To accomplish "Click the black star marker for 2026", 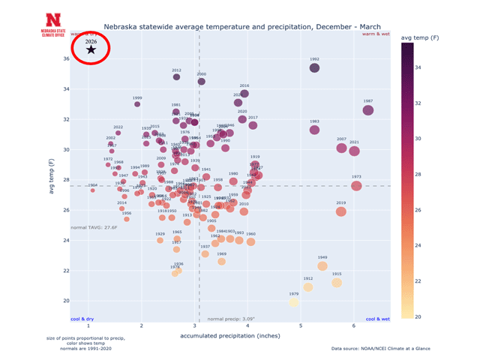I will pos(91,49).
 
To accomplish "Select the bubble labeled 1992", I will pos(314,68).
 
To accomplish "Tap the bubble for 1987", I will pos(368,110).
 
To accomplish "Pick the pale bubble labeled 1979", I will pos(293,302).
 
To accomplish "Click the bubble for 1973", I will pos(356,186).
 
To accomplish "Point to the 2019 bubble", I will pos(341,211).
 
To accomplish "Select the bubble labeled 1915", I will pos(337,283).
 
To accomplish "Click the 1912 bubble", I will pos(308,287).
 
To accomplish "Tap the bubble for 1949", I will pos(322,266).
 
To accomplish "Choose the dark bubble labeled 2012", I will pos(177,76).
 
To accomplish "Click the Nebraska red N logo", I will pos(53,19).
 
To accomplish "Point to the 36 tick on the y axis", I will pos(66,59).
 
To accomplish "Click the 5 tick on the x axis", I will pos(301,327).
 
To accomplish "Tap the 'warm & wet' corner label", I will pos(376,34).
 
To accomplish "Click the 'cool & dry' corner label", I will pos(82,319).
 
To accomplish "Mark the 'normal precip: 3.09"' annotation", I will pos(231,319).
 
